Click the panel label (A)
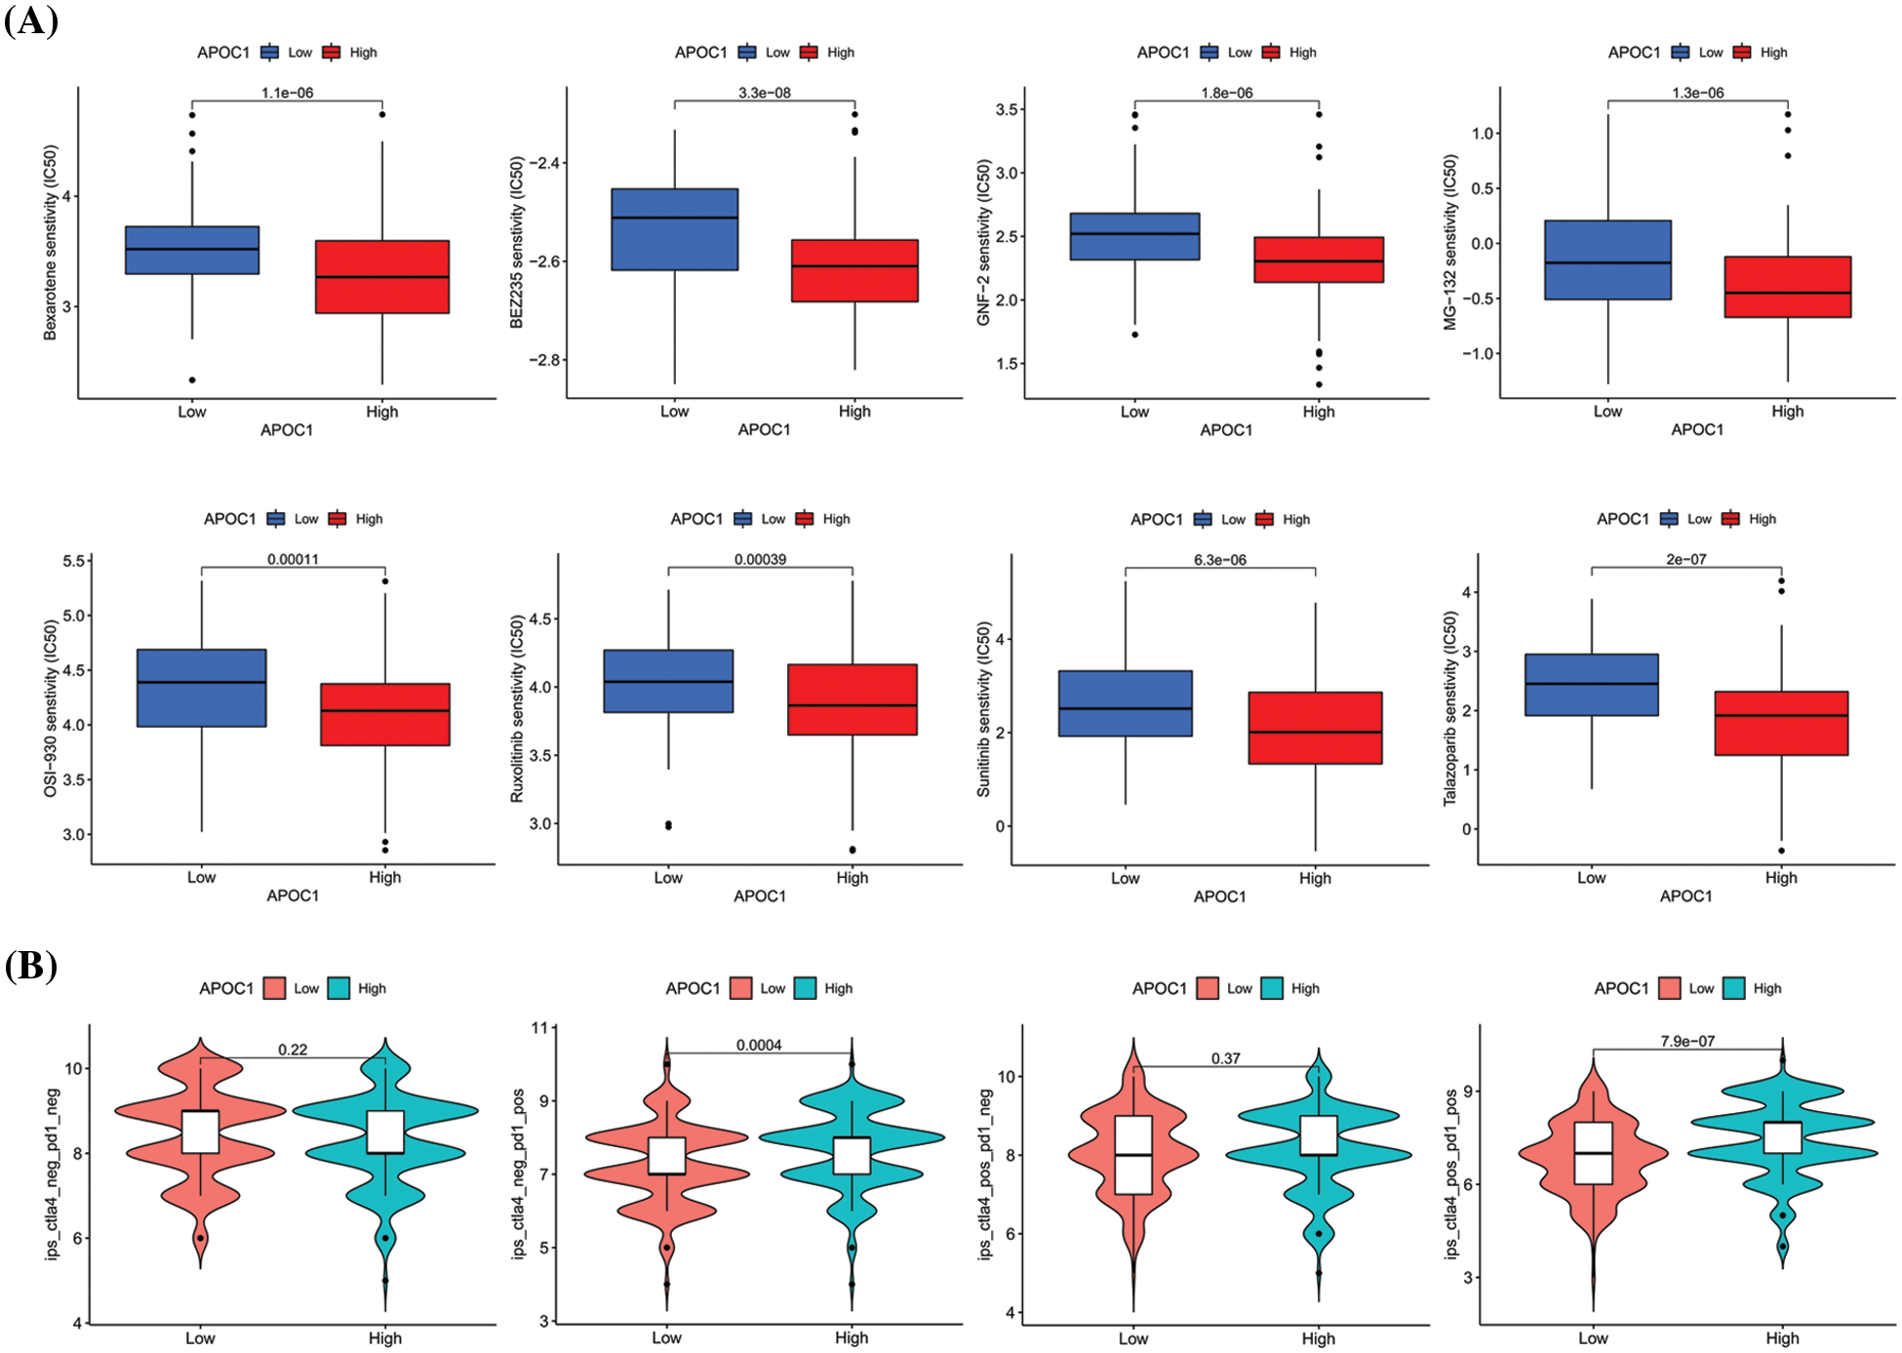point(31,20)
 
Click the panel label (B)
point(31,966)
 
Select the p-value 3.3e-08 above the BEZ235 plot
point(764,93)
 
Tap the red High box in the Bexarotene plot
point(382,276)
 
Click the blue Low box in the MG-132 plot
point(1607,259)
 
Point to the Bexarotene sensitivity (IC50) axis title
point(50,243)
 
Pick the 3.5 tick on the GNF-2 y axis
point(1008,109)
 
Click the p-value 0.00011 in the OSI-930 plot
point(293,559)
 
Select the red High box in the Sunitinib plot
point(1315,728)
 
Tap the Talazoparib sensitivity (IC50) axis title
point(1450,708)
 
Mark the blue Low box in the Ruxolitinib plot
point(668,681)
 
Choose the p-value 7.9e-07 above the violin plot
point(1687,1041)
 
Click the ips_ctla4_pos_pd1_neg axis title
point(985,1174)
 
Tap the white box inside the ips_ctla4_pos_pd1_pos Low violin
point(1593,1153)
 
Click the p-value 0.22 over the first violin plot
point(293,1050)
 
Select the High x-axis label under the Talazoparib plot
point(1781,877)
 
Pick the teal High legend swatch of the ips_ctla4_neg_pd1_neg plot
point(338,988)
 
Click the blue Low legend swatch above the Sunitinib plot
point(1203,519)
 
